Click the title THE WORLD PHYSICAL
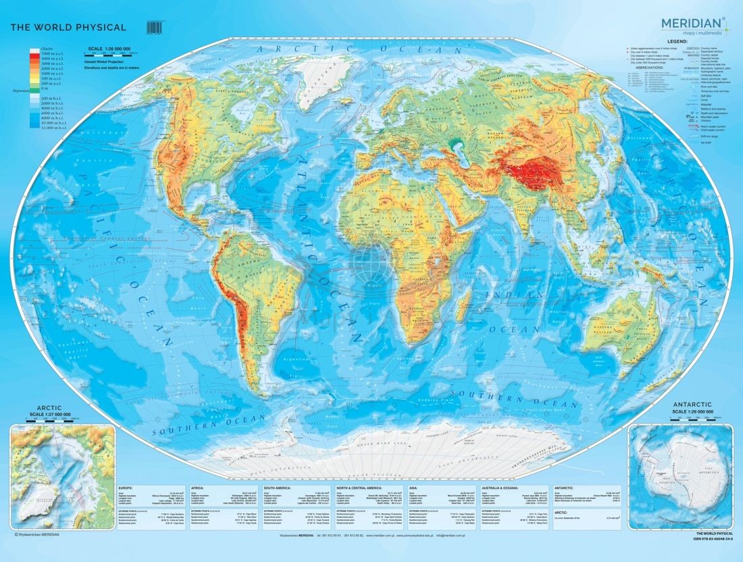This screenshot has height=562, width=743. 68,28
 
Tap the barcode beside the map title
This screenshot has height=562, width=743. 155,28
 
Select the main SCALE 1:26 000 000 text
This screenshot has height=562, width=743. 107,49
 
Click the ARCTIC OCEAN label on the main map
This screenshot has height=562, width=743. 351,49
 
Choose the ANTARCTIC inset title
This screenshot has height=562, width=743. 694,405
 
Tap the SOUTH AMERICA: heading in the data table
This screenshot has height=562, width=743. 278,487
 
